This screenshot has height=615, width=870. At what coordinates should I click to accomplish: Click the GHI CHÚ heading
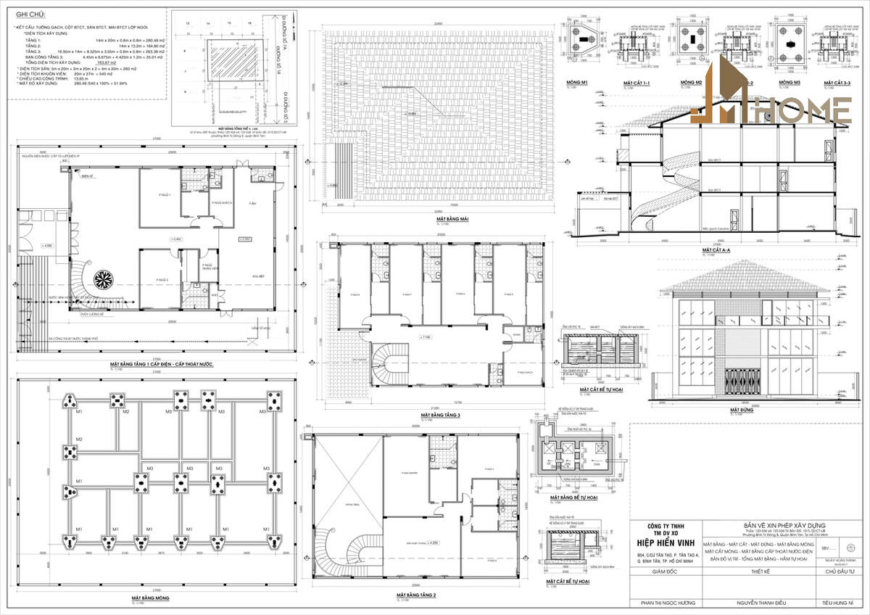(x=27, y=14)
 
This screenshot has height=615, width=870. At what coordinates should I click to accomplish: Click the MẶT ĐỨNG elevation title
(x=740, y=410)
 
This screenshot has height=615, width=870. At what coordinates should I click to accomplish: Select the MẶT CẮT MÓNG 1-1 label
(x=637, y=83)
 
